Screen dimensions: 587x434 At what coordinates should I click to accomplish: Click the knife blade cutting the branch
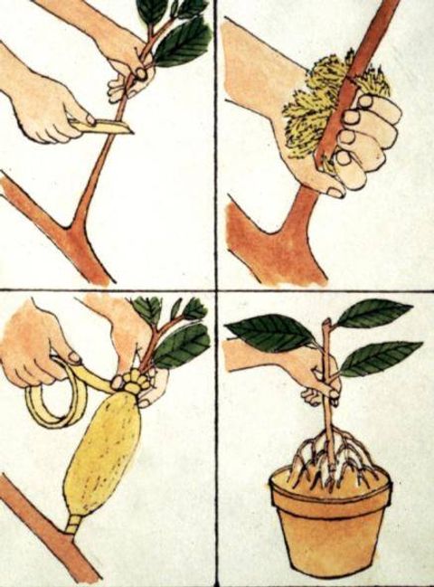[114, 125]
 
